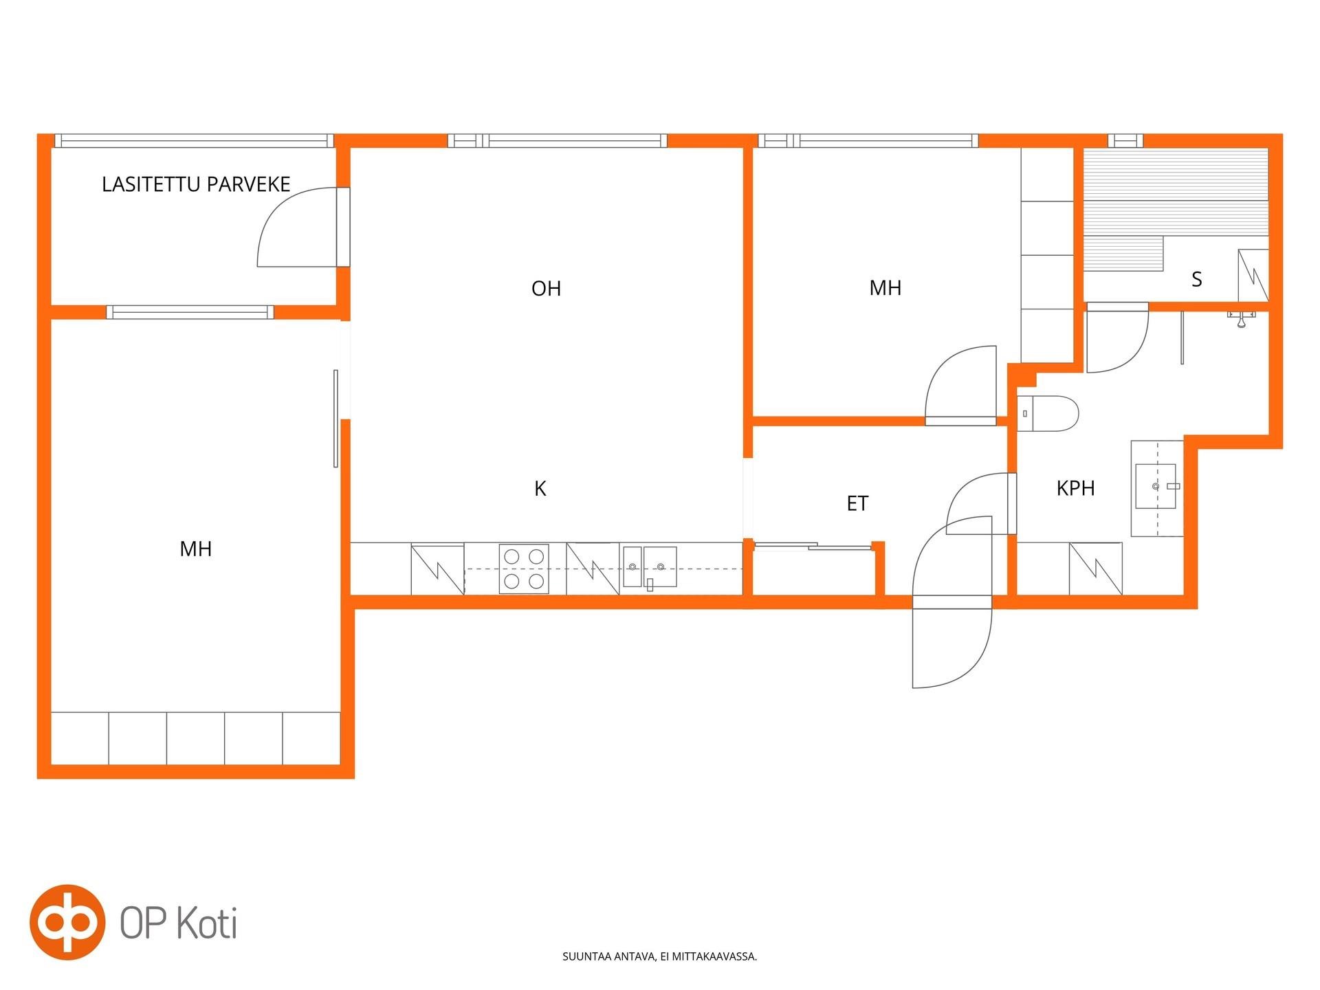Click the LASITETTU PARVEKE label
[196, 184]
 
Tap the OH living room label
[547, 288]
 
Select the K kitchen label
[540, 489]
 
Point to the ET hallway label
[857, 504]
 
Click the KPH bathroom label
[1075, 488]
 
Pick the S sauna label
[1197, 279]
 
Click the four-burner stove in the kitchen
[524, 569]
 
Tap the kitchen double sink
[650, 567]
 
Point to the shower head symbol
[1242, 318]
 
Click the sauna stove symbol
[1253, 276]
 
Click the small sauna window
[1125, 141]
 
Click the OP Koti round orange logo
[67, 922]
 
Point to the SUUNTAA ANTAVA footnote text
[660, 956]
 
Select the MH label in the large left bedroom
[196, 549]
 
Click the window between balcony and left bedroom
[190, 312]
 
